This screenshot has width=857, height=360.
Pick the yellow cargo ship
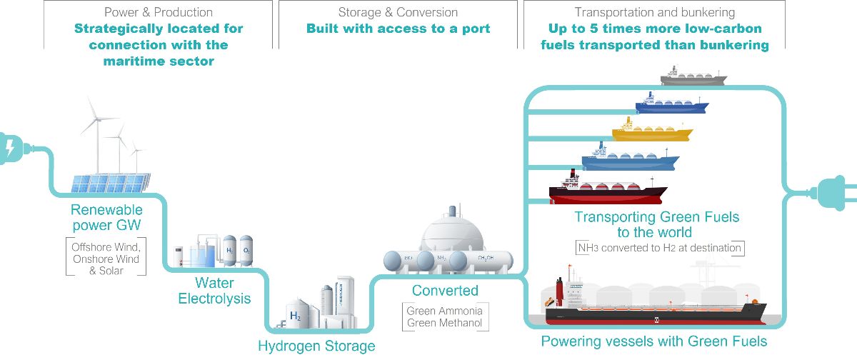[x=651, y=133]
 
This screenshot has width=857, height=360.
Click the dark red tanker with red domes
[x=607, y=191]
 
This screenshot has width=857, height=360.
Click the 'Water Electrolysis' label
[x=214, y=291]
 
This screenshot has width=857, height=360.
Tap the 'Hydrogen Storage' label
[x=316, y=346]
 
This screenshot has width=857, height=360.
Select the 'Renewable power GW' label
[x=106, y=217]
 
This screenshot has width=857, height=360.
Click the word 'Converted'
[x=445, y=291]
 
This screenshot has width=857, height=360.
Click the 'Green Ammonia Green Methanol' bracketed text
[x=444, y=317]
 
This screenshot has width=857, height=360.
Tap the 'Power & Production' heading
[x=158, y=12]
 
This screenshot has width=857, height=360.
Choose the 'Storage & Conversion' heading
[x=398, y=12]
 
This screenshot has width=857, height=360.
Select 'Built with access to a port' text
[x=398, y=29]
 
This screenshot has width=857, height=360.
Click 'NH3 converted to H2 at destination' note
[x=660, y=248]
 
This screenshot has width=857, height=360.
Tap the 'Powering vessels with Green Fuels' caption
[x=653, y=341]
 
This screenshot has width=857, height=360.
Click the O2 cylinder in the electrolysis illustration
[x=246, y=251]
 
